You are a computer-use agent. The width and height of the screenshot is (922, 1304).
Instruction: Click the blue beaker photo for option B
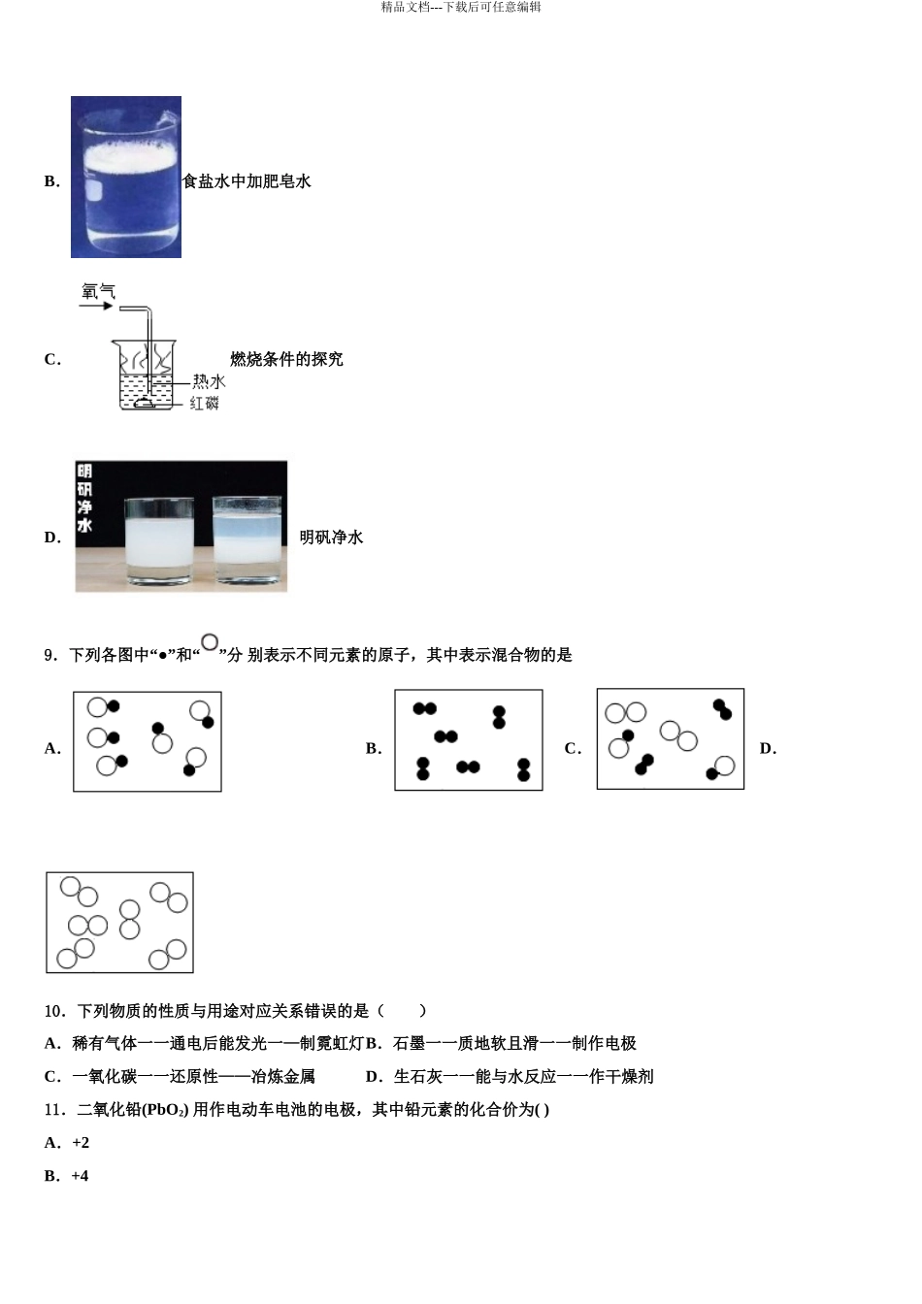click(x=126, y=177)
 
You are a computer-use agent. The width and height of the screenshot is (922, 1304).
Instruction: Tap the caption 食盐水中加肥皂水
click(x=247, y=181)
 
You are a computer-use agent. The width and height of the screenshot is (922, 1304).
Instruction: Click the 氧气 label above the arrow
click(x=98, y=290)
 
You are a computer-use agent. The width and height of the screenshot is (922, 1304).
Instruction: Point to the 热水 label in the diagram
click(x=209, y=381)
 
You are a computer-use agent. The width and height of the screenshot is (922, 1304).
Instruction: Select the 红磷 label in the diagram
click(x=205, y=403)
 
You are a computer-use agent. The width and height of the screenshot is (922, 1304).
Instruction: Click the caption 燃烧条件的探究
click(x=286, y=359)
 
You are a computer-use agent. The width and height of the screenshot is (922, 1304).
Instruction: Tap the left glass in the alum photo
click(x=160, y=541)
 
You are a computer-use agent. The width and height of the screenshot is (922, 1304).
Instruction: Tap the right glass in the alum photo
click(x=247, y=539)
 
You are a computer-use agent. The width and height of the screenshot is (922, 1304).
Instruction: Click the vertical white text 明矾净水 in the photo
click(x=84, y=499)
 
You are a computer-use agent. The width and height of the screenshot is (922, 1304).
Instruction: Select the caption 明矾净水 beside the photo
click(x=331, y=538)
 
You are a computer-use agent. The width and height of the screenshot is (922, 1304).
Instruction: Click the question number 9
click(x=50, y=656)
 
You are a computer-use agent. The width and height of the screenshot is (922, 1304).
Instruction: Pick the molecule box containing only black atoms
click(x=468, y=740)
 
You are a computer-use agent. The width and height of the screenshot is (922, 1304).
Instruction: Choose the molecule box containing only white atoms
click(x=119, y=922)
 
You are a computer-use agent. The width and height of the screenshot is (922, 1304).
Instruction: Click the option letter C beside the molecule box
click(x=573, y=748)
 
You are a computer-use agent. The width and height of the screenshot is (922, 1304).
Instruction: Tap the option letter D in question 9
click(x=768, y=748)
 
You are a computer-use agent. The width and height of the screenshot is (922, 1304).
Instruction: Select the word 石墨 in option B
click(x=410, y=1044)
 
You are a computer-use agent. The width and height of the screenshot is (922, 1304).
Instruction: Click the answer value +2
click(x=81, y=1143)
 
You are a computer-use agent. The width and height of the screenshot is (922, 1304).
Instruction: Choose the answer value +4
click(x=81, y=1176)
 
